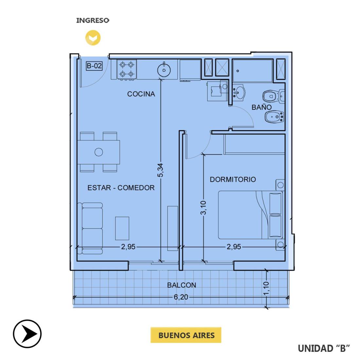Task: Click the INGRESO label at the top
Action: click(x=93, y=20)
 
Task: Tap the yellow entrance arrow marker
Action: click(x=93, y=38)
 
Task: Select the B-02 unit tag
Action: click(x=94, y=66)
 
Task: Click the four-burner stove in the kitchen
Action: click(x=127, y=70)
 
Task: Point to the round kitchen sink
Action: click(x=164, y=70)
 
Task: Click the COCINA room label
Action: click(x=141, y=94)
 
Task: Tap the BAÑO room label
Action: click(x=261, y=107)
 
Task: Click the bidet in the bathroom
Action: click(x=275, y=117)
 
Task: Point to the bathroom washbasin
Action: click(x=239, y=93)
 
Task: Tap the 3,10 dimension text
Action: click(x=203, y=207)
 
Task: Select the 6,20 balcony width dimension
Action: click(x=181, y=297)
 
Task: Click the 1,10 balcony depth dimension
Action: click(x=266, y=288)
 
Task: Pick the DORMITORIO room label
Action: click(x=233, y=179)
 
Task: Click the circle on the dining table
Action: click(x=99, y=152)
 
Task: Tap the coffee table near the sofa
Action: click(x=122, y=228)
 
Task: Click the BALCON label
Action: click(x=182, y=285)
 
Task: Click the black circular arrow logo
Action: click(x=27, y=333)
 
